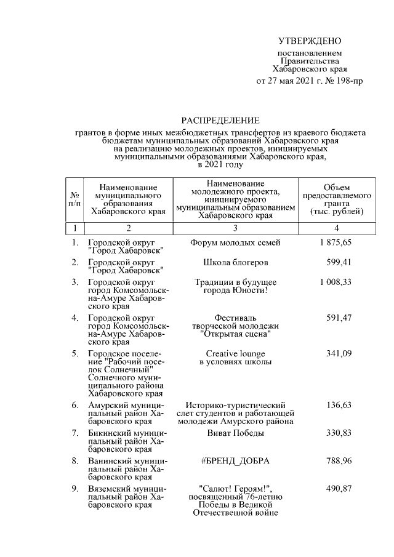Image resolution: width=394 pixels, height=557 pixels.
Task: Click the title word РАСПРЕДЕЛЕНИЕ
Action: coord(220,120)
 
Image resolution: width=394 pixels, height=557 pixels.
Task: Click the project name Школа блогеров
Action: coord(235,262)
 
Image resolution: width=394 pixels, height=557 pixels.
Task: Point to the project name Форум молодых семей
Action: coord(235,242)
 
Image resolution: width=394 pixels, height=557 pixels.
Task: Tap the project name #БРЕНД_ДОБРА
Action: coord(235,461)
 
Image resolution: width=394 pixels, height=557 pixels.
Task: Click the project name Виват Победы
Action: coord(235,433)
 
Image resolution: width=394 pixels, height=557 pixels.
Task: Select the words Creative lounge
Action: coord(235,353)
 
